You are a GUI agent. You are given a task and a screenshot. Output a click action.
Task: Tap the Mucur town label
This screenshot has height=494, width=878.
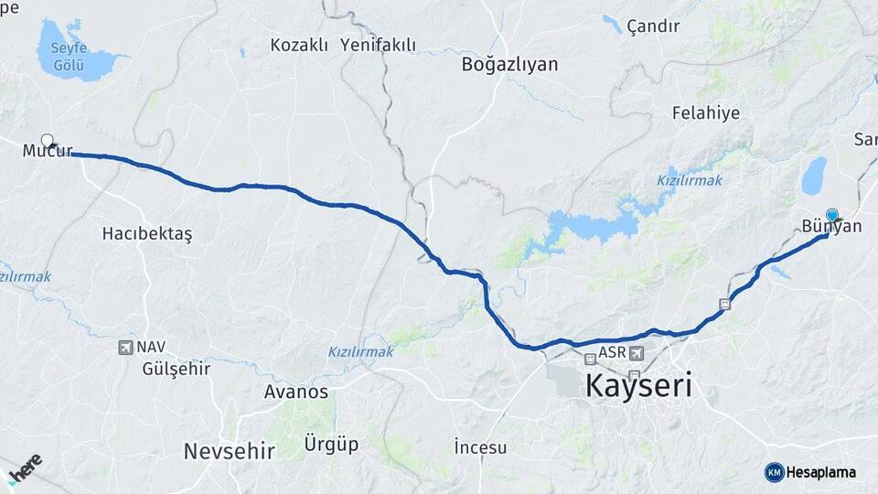click(48, 152)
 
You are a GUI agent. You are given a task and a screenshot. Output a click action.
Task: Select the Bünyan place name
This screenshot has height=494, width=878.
click(831, 226)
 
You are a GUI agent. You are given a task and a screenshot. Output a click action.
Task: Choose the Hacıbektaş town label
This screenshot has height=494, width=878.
click(147, 233)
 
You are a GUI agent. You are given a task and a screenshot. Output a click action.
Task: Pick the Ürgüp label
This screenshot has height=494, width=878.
click(331, 445)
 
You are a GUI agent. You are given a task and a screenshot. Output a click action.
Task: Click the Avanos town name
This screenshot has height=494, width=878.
click(295, 392)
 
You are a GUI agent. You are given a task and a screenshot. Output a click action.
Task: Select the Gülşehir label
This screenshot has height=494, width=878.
click(177, 369)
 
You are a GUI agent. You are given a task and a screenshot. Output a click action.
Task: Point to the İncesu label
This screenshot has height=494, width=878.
click(480, 447)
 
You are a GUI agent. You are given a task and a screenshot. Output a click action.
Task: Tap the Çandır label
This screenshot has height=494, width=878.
click(653, 27)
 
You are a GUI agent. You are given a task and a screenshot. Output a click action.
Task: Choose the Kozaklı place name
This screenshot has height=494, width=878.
click(299, 45)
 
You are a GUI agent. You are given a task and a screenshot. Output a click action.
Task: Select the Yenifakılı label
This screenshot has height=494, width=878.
click(378, 45)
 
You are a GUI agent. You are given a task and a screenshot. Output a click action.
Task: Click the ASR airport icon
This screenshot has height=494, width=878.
click(637, 353)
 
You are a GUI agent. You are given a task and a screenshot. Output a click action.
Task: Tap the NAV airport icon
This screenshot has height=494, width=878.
click(125, 348)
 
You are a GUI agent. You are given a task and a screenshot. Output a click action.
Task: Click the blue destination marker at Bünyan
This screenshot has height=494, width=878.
click(832, 214)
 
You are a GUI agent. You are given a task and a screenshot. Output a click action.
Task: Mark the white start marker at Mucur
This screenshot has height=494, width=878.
click(47, 141)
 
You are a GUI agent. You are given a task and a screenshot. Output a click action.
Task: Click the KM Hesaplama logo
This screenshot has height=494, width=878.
click(810, 472)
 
